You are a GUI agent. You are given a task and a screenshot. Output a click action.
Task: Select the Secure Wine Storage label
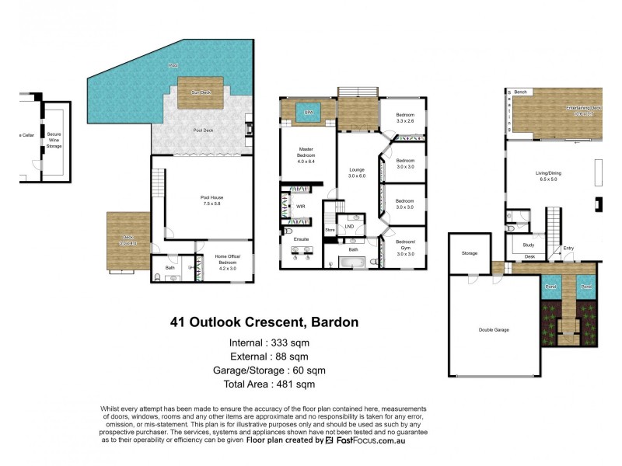54,139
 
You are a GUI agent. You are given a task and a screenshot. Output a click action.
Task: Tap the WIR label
300,207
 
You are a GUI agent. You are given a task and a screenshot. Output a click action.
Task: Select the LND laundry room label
349,226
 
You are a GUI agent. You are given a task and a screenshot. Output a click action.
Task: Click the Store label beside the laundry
330,230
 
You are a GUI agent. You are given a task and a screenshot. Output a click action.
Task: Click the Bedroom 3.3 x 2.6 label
406,118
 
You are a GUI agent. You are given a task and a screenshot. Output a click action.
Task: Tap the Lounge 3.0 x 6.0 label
357,172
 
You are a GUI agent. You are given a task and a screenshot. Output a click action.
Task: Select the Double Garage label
494,330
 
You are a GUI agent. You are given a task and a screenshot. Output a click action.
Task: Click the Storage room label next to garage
469,253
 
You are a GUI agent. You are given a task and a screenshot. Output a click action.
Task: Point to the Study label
529,245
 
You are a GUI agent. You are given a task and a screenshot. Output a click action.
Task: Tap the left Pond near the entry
550,287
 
